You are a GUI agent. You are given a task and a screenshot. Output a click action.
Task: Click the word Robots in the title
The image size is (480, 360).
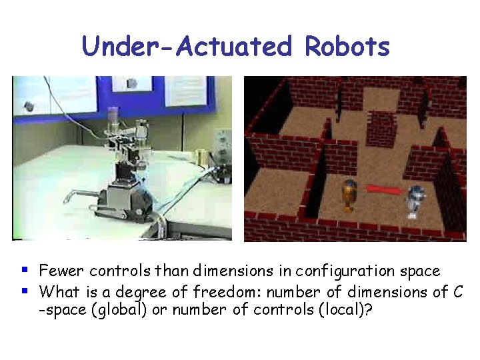[x=347, y=47]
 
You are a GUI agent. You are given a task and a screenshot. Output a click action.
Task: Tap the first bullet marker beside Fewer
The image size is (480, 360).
[x=25, y=270]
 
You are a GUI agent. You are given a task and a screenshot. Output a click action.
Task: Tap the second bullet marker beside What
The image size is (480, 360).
[x=25, y=291]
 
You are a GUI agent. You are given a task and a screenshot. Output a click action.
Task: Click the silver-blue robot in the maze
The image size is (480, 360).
[x=415, y=201]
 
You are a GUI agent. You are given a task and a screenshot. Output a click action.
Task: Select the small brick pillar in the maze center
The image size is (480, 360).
[x=381, y=129]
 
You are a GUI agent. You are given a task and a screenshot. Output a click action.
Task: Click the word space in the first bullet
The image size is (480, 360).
[x=419, y=272]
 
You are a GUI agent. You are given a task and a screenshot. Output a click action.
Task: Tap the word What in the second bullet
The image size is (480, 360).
[x=57, y=291]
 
